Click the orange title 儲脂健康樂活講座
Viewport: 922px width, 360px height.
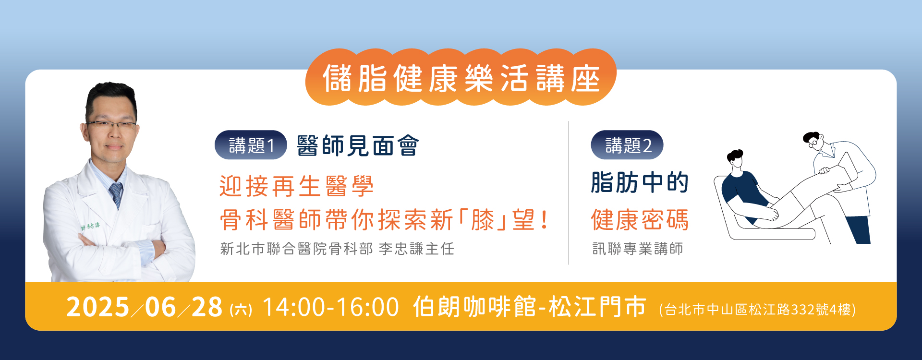pyautogui.click(x=461, y=78)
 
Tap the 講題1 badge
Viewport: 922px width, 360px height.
pyautogui.click(x=251, y=145)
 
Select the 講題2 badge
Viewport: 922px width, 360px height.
pyautogui.click(x=627, y=145)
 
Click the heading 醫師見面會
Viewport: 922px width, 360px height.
pyautogui.click(x=358, y=145)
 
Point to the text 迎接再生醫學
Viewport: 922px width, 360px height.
pyautogui.click(x=296, y=186)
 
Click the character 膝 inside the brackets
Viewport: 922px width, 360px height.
pyautogui.click(x=483, y=220)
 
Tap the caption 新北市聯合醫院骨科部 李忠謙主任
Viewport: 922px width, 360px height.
pyautogui.click(x=337, y=249)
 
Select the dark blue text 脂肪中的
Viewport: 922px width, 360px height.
pyautogui.click(x=640, y=182)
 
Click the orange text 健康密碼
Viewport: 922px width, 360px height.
pyautogui.click(x=640, y=220)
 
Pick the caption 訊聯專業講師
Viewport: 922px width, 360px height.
pyautogui.click(x=638, y=249)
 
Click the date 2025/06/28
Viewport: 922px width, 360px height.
pyautogui.click(x=145, y=307)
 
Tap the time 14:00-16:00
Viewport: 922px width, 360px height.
pyautogui.click(x=331, y=307)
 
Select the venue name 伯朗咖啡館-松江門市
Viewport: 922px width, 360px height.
pyautogui.click(x=530, y=307)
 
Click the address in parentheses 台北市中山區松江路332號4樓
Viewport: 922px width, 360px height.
pyautogui.click(x=758, y=310)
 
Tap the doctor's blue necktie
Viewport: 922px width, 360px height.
pyautogui.click(x=116, y=195)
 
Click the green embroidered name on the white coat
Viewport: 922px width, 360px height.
pyautogui.click(x=90, y=226)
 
